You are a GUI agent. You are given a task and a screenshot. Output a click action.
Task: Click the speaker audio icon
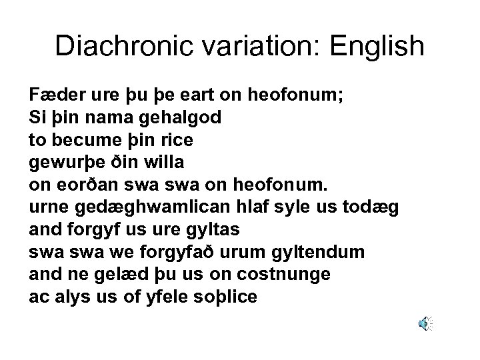425,324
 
